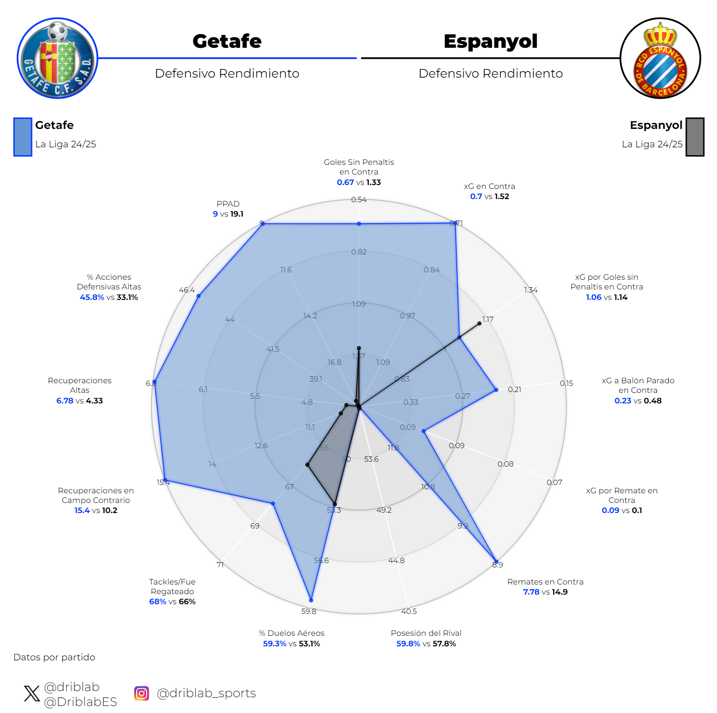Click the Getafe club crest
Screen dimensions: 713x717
coord(57,58)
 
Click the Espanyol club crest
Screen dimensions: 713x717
coord(660,58)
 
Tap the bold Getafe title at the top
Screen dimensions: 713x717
coord(227,41)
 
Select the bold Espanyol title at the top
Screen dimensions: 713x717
coord(490,41)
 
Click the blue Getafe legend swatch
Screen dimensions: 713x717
coord(23,137)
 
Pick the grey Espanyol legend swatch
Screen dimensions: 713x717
coord(695,137)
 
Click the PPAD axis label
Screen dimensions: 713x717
coord(228,204)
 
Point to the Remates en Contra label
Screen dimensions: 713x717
coord(545,582)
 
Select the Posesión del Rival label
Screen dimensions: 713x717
coord(426,633)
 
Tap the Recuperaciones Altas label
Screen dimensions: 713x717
coord(79,385)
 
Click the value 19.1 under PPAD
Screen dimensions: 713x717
coord(237,214)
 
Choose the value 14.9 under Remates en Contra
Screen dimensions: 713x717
coord(559,592)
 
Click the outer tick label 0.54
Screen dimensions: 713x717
coord(359,200)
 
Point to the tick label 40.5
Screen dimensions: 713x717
coord(409,611)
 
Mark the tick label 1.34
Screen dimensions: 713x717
coord(531,290)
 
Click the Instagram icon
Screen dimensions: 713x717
coord(141,693)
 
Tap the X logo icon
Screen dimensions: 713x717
coord(32,693)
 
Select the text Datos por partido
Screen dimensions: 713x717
coord(54,657)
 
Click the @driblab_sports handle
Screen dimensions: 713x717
coord(206,693)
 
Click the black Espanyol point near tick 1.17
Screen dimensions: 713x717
coord(479,323)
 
